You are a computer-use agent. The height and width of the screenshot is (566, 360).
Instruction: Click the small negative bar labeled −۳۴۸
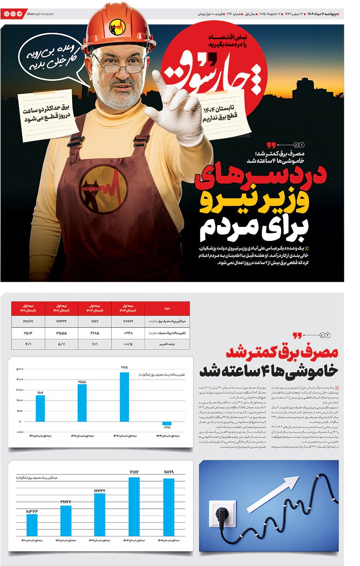tap(167, 424)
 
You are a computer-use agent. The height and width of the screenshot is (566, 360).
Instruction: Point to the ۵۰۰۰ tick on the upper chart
tap(20, 369)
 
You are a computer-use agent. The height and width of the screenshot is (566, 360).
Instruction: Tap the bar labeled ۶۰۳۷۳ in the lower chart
tap(32, 524)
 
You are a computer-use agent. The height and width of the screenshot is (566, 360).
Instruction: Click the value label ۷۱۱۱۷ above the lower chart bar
tap(134, 472)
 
